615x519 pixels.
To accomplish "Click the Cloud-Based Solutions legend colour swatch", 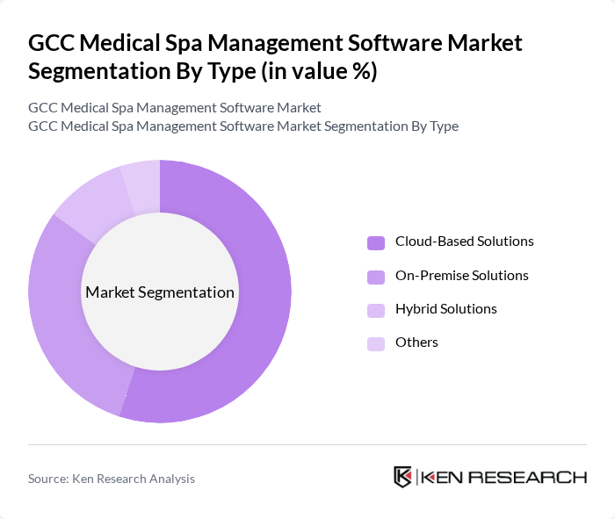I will pyautogui.click(x=376, y=243).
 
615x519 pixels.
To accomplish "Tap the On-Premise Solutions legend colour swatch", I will pyautogui.click(x=376, y=277).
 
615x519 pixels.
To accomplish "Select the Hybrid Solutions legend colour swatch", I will pyautogui.click(x=376, y=310).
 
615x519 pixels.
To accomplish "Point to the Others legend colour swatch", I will pyautogui.click(x=376, y=343).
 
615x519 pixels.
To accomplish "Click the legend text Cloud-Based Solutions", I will pyautogui.click(x=464, y=241).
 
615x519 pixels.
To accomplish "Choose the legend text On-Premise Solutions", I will pyautogui.click(x=461, y=276).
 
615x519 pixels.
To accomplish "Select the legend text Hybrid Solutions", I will pyautogui.click(x=445, y=309).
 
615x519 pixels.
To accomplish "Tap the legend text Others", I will pyautogui.click(x=416, y=342).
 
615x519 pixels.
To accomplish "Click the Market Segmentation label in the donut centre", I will pyautogui.click(x=160, y=292).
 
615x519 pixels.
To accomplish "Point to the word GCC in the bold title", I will pyautogui.click(x=53, y=42).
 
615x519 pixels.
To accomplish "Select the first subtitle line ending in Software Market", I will pyautogui.click(x=175, y=107).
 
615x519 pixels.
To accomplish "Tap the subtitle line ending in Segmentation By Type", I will pyautogui.click(x=243, y=126).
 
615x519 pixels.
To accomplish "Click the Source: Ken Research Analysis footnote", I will pyautogui.click(x=112, y=479).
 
